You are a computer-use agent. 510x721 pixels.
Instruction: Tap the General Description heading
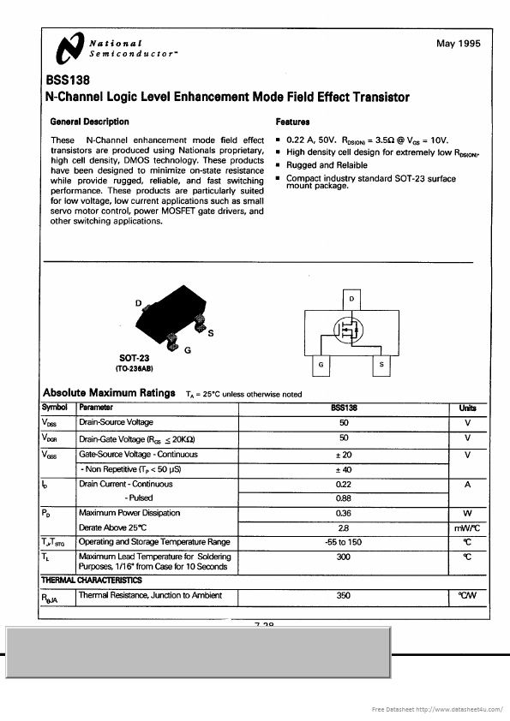click(x=89, y=122)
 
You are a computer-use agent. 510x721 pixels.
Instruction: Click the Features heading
click(x=292, y=122)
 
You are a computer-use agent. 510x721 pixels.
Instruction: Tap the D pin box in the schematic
click(x=351, y=298)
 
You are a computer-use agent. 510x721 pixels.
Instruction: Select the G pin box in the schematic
click(x=320, y=366)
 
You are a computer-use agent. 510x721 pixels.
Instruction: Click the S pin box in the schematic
click(x=381, y=366)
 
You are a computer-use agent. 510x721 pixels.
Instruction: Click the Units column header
click(x=467, y=408)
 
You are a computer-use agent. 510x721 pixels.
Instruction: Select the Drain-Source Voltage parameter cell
click(x=117, y=423)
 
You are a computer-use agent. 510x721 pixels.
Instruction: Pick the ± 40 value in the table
click(x=344, y=469)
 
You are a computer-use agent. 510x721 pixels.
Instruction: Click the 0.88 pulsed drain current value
click(x=344, y=498)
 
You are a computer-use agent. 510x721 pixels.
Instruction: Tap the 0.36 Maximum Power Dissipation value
click(x=344, y=514)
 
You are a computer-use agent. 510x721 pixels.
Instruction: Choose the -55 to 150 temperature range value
click(x=344, y=542)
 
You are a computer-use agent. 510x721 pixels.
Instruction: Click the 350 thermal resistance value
click(x=344, y=595)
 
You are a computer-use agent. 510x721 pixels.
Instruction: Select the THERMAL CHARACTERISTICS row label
click(x=92, y=581)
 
